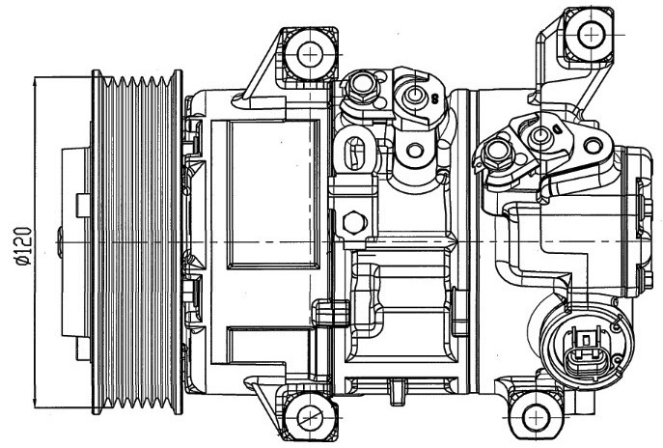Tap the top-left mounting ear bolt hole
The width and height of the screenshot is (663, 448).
(x=312, y=54)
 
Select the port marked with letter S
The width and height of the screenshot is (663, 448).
(x=415, y=95)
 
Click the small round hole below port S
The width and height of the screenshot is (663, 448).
(x=416, y=151)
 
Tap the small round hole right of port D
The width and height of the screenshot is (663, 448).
(x=589, y=148)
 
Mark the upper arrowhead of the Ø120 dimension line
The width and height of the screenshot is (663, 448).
(x=35, y=80)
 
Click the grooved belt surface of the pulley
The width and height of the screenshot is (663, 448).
(x=135, y=241)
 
